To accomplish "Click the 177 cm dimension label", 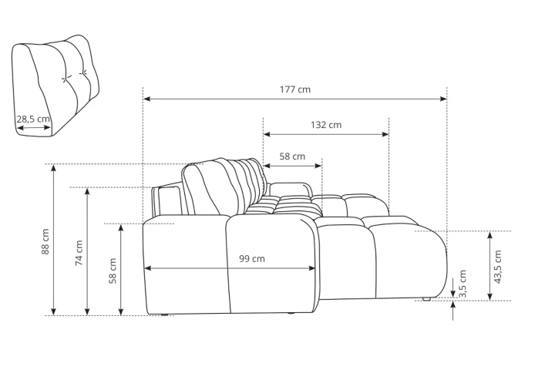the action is click(294, 89).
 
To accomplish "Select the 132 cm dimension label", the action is click(326, 125).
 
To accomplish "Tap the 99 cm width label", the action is click(251, 259).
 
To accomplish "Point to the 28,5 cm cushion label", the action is click(33, 119).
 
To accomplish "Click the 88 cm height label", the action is click(45, 242).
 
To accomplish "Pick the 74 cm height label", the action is click(79, 253).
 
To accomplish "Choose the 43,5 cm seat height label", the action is click(498, 267).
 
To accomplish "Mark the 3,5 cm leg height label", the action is click(462, 284).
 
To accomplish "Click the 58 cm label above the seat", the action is click(292, 156).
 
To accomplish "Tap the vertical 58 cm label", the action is click(113, 271).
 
